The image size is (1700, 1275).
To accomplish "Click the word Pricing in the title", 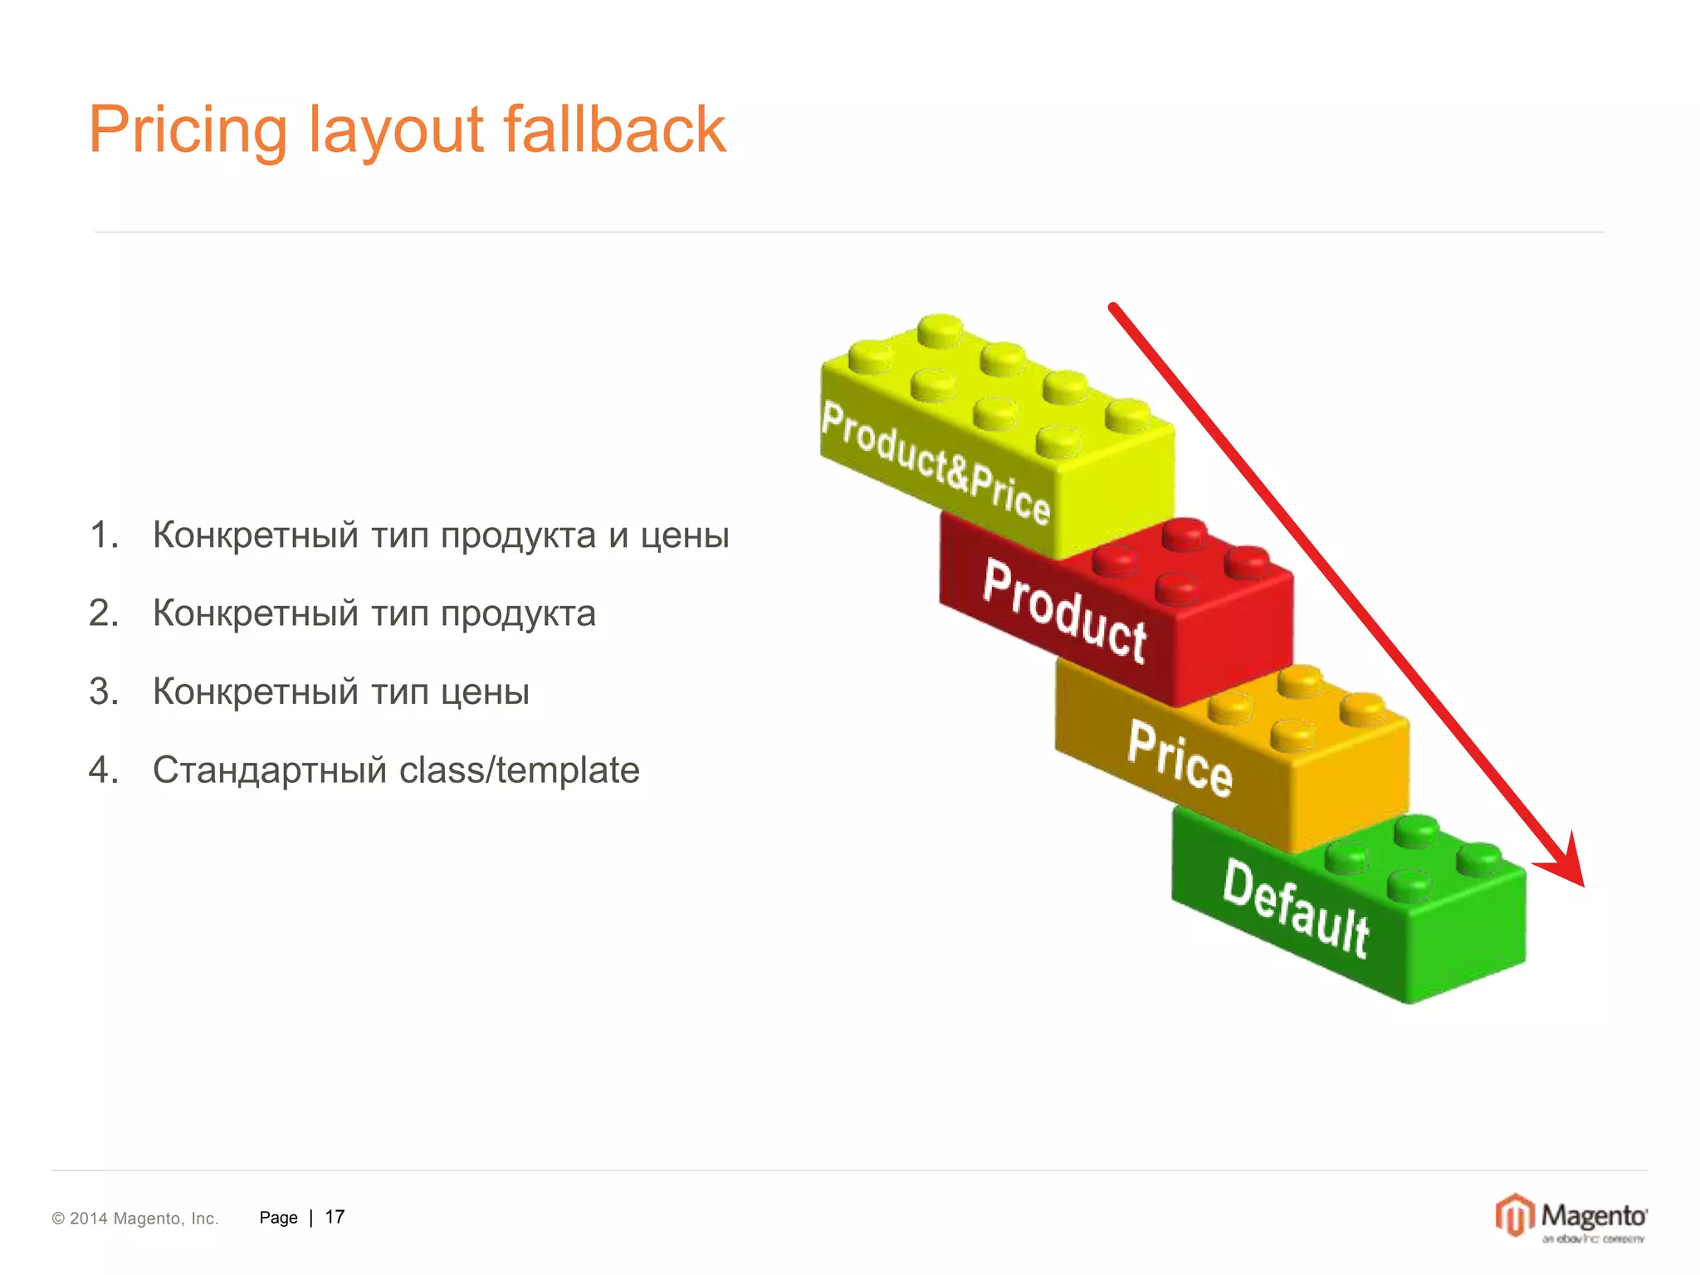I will [188, 130].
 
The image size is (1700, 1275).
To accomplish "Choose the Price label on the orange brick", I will [1180, 759].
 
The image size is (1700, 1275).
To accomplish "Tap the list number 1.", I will [103, 535].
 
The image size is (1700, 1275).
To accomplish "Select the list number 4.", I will [103, 770].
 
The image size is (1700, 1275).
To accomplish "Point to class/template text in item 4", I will [519, 770].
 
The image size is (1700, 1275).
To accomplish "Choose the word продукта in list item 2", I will [518, 614].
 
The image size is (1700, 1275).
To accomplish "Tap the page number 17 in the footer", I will [335, 1217].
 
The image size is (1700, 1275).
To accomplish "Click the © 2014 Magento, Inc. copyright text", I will [135, 1219].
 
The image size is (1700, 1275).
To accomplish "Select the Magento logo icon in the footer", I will [1514, 1215].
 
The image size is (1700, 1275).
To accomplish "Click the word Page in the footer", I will [278, 1218].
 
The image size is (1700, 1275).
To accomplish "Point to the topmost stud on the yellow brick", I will [940, 330].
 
